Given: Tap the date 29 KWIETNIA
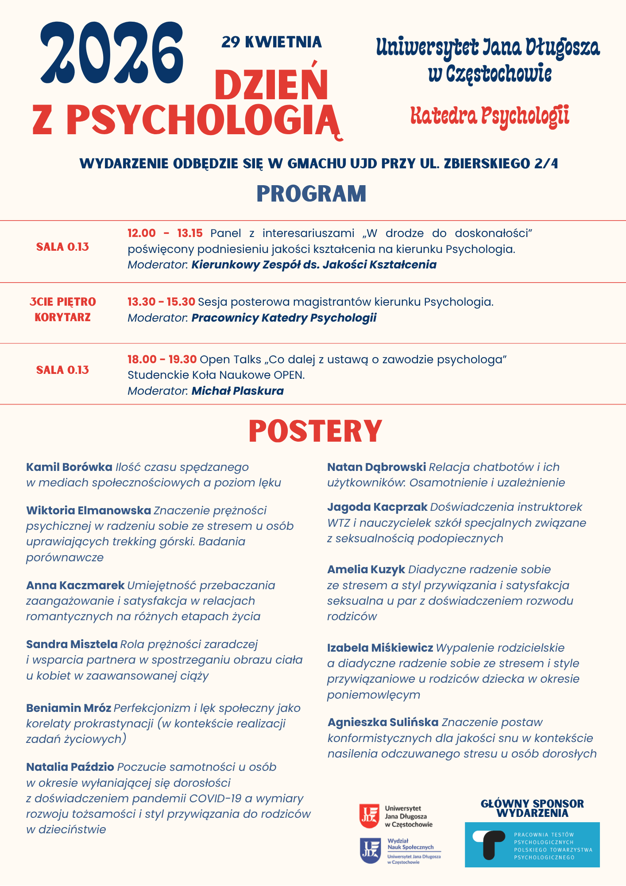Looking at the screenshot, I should [271, 42].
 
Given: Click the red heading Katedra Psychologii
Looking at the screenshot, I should [490, 116].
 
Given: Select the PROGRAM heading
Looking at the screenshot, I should [311, 194].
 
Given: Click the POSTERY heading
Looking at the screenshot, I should [315, 431].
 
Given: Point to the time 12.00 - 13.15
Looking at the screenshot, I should [165, 233].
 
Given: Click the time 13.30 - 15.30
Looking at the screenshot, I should [161, 302].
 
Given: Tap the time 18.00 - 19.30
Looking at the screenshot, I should [162, 359].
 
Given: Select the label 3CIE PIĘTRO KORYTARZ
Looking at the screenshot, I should [62, 309].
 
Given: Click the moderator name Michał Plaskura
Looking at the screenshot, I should [237, 391].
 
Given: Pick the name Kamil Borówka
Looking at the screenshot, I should [69, 467].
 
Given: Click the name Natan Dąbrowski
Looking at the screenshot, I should [376, 467].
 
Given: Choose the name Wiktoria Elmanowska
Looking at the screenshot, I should [89, 510].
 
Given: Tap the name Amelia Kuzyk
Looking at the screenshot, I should [366, 569].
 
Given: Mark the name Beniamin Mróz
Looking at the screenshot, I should [69, 708].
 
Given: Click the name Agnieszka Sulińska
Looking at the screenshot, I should [383, 722].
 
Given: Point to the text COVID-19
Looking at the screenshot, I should [215, 798].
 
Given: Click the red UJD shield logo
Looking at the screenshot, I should [369, 816].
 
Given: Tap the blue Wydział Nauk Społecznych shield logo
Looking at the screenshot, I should [370, 851].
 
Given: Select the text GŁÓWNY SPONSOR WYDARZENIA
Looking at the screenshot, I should [532, 808].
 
